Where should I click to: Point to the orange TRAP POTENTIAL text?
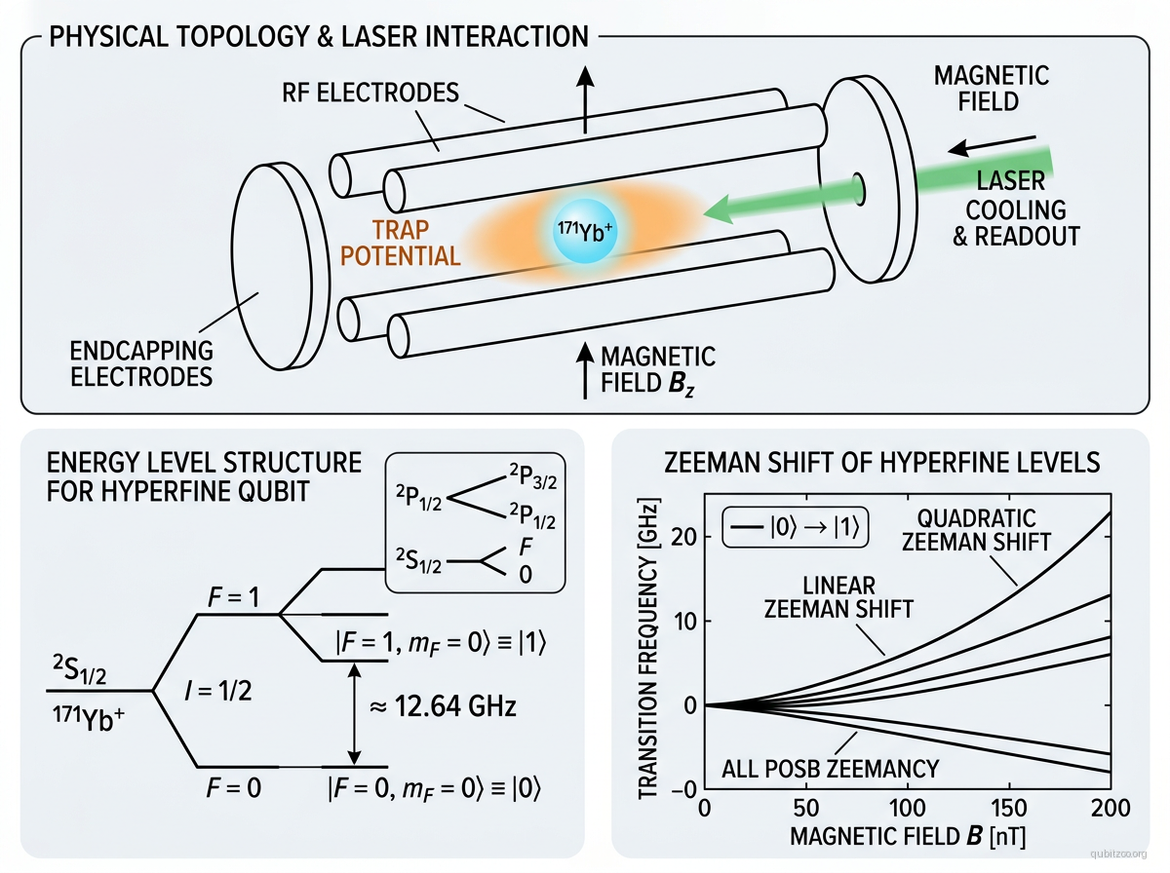point(412,244)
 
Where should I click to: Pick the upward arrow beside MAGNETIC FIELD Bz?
point(585,371)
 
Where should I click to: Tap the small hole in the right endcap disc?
point(859,184)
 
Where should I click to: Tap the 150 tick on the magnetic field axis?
point(1008,810)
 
